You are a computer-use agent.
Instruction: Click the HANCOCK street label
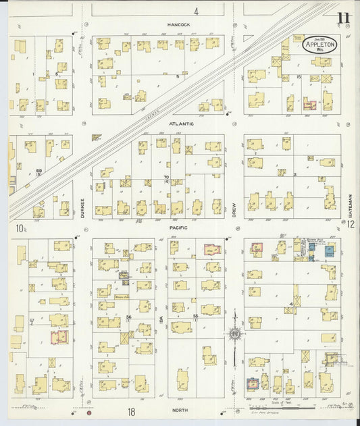click(179, 25)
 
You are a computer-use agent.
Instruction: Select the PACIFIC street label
click(179, 228)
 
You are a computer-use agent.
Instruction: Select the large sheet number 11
click(344, 18)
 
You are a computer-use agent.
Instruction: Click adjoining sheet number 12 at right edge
click(351, 229)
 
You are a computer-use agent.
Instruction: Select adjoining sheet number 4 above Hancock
click(196, 11)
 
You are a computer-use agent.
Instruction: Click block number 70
click(166, 177)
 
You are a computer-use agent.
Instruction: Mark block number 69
click(39, 171)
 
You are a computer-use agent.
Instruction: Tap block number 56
click(128, 317)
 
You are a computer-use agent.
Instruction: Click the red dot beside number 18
click(88, 412)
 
